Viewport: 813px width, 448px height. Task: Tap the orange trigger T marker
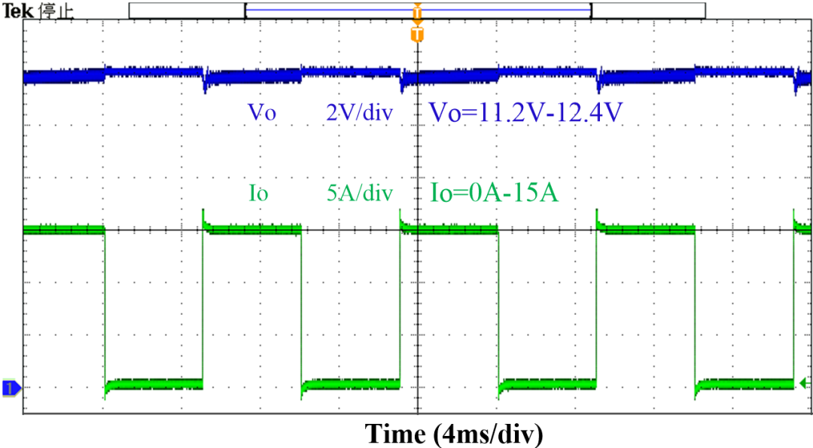tap(417, 35)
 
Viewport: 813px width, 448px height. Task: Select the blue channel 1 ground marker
tap(11, 389)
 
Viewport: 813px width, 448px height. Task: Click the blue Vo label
tap(262, 112)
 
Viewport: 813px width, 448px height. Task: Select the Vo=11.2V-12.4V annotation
tap(525, 112)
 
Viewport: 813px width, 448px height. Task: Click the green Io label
tap(259, 193)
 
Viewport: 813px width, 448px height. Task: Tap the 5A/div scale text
tap(359, 194)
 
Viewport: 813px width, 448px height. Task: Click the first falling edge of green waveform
tap(105, 309)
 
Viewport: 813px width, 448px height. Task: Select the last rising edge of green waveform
tap(793, 301)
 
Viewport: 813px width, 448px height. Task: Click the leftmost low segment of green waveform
tap(154, 383)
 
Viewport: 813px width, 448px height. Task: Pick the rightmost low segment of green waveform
tap(744, 383)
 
